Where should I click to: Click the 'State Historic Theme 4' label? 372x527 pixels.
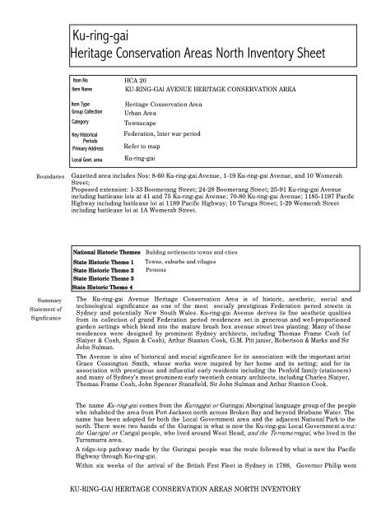[x=103, y=286]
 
